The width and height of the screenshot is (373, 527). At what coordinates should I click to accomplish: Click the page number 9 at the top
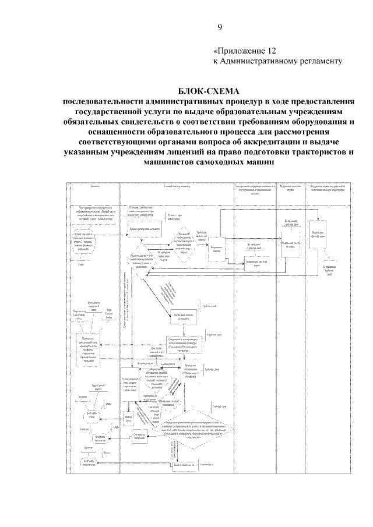pos(220,26)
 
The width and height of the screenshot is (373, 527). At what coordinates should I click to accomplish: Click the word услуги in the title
pos(173,112)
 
